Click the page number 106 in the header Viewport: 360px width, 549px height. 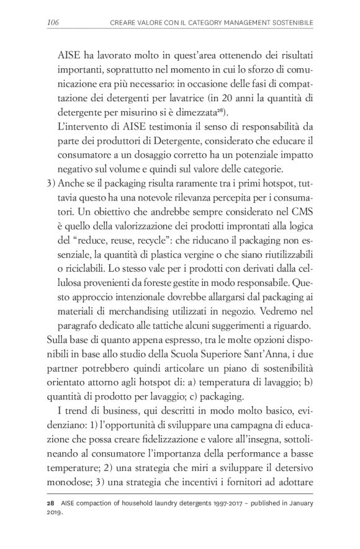click(x=53, y=23)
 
